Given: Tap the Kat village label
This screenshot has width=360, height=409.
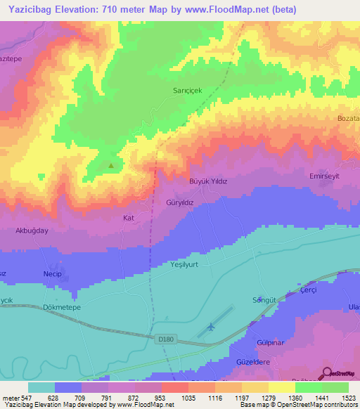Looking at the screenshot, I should point(129,218).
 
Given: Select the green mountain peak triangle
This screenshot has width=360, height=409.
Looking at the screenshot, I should point(110,167).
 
